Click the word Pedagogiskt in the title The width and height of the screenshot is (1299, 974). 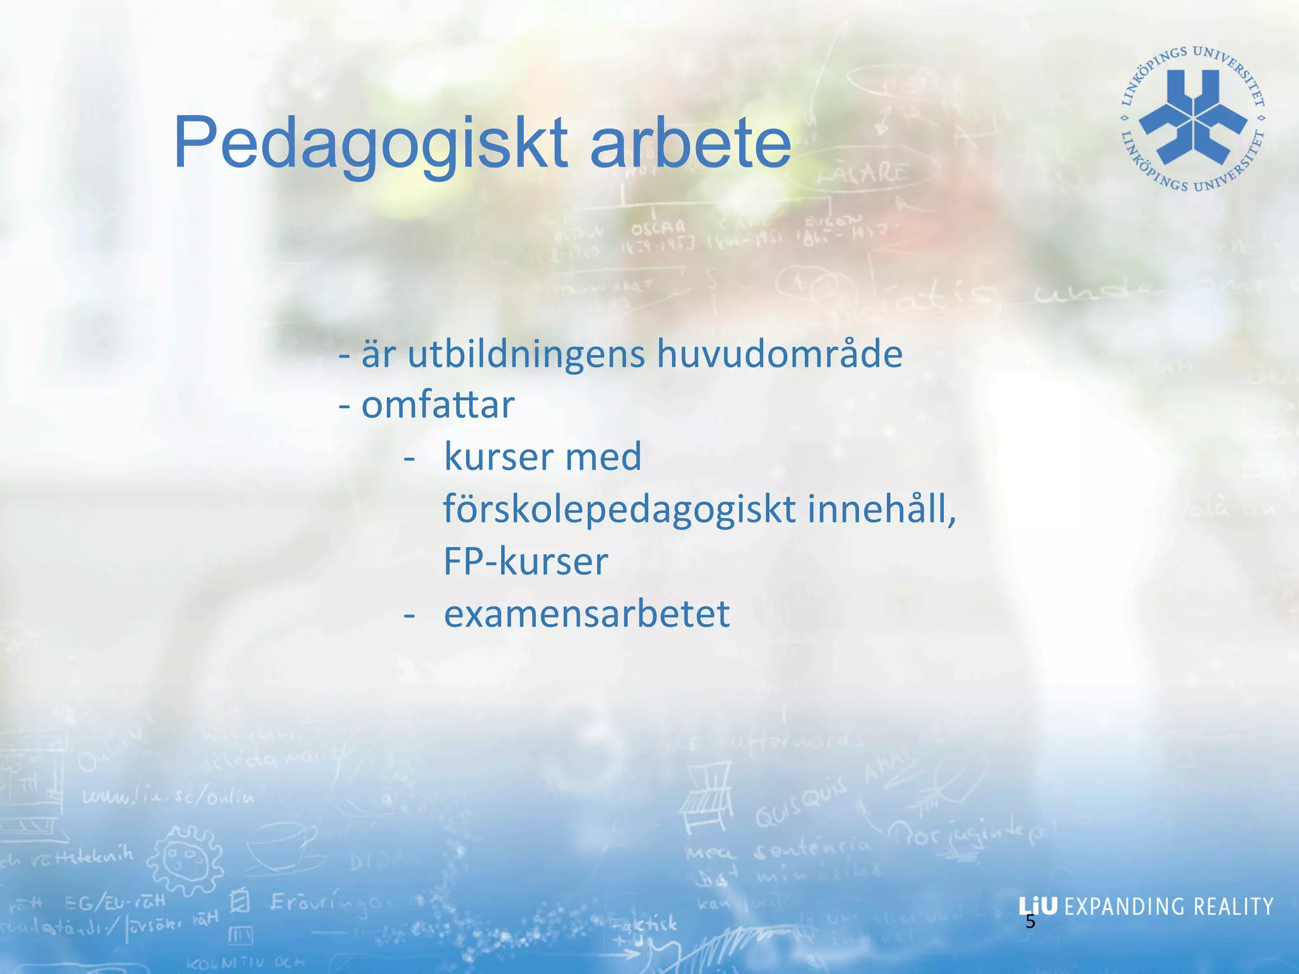[370, 143]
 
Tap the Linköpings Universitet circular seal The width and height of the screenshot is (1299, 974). [1193, 119]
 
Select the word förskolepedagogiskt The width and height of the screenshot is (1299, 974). [619, 510]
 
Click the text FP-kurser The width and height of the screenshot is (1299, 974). [525, 561]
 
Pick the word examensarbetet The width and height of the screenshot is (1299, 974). [587, 614]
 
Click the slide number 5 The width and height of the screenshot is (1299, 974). [1030, 922]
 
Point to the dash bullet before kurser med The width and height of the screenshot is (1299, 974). [410, 458]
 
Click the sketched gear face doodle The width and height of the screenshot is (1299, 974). [185, 860]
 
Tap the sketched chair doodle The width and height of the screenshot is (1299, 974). [706, 798]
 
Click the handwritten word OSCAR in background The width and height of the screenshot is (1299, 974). [658, 227]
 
